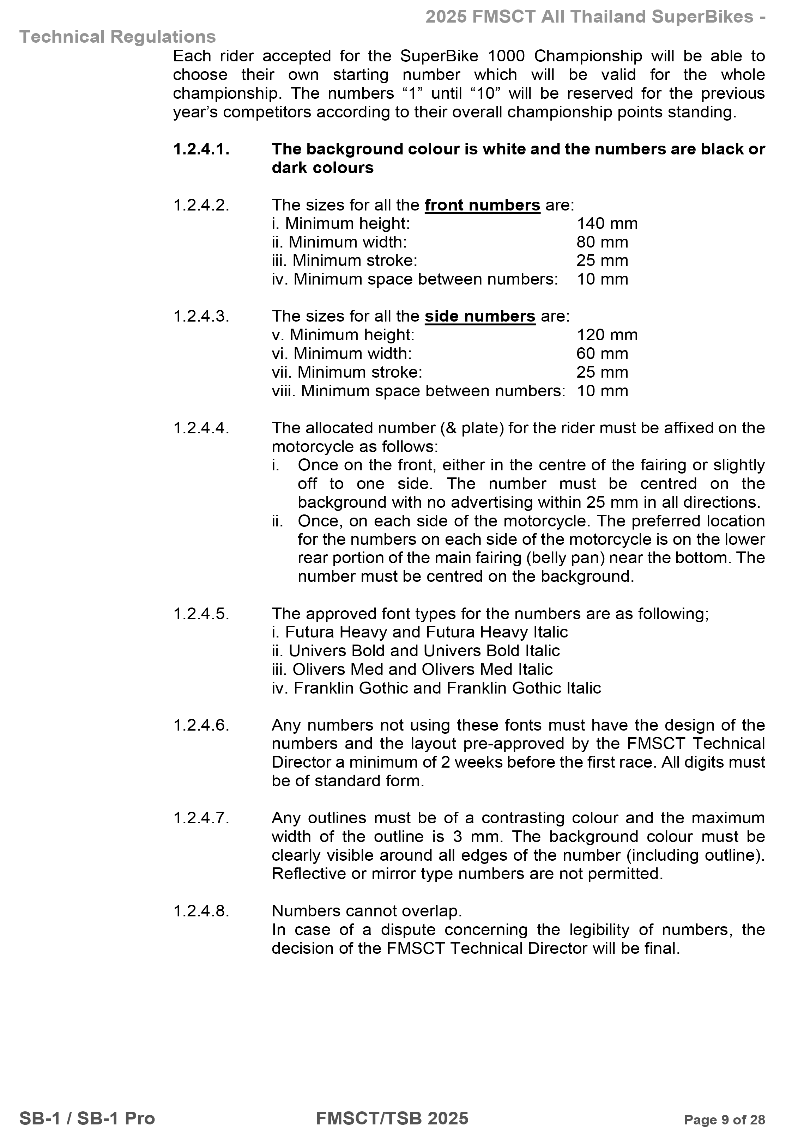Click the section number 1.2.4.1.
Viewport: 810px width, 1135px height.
201,149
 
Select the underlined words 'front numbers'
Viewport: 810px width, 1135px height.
482,205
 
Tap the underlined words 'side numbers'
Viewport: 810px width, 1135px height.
479,317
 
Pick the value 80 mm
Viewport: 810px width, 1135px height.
602,242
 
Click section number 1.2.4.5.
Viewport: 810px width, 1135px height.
201,614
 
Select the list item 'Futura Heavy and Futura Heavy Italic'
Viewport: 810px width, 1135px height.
419,633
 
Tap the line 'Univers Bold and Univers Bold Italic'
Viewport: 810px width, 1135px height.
416,651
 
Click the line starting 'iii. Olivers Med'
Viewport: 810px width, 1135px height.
412,670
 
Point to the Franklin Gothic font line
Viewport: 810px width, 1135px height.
436,688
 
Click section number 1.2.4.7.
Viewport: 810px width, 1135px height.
201,818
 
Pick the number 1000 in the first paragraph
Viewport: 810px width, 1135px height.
506,56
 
